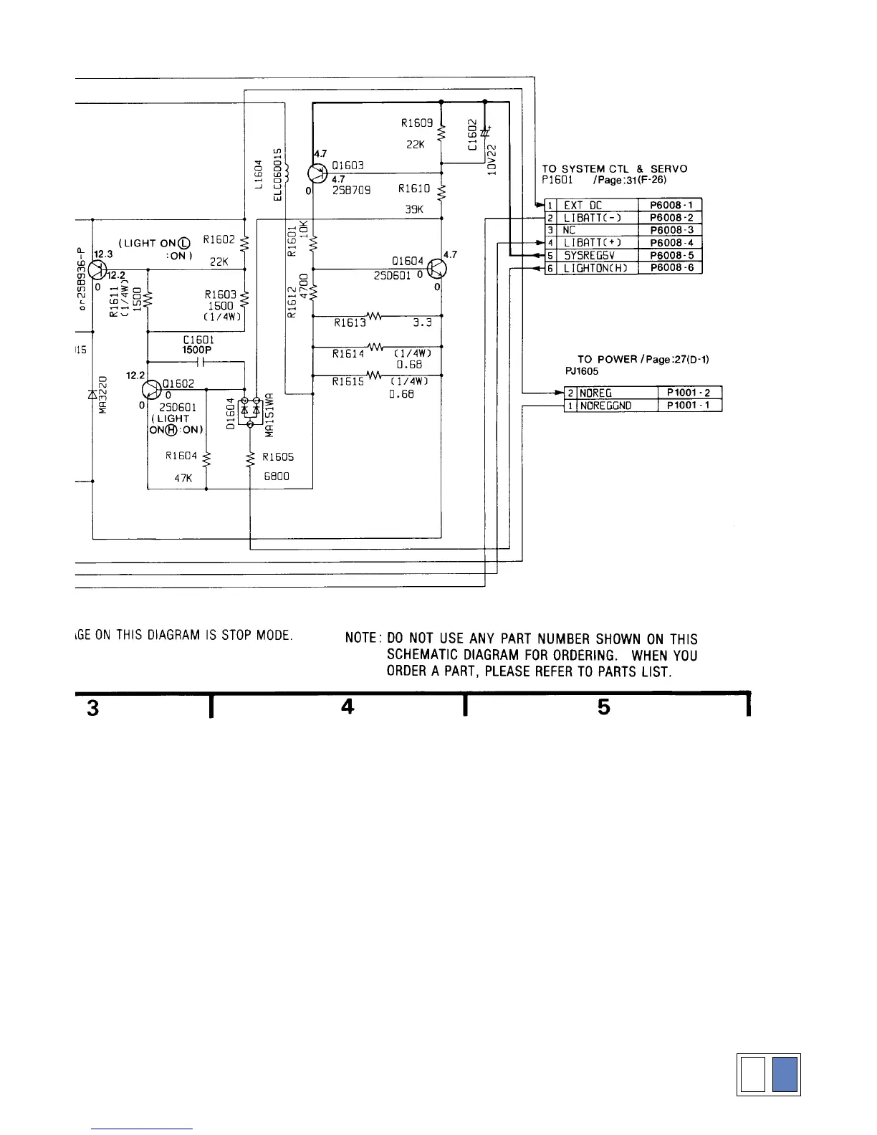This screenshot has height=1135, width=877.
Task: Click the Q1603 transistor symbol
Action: point(317,173)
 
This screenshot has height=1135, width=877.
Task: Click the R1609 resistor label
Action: point(416,123)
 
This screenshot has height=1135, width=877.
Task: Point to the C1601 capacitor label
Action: point(198,340)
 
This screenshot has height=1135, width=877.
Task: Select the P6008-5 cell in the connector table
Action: point(671,255)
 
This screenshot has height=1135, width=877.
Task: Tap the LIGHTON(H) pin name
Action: point(595,268)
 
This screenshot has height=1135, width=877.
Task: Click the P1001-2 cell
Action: point(689,393)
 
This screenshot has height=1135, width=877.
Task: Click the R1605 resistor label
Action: point(278,456)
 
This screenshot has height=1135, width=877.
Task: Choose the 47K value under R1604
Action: point(183,478)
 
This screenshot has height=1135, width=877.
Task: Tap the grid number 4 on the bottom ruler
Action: point(348,707)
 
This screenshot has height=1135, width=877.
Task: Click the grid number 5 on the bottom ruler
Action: point(604,707)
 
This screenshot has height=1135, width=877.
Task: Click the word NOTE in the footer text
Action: point(361,638)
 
